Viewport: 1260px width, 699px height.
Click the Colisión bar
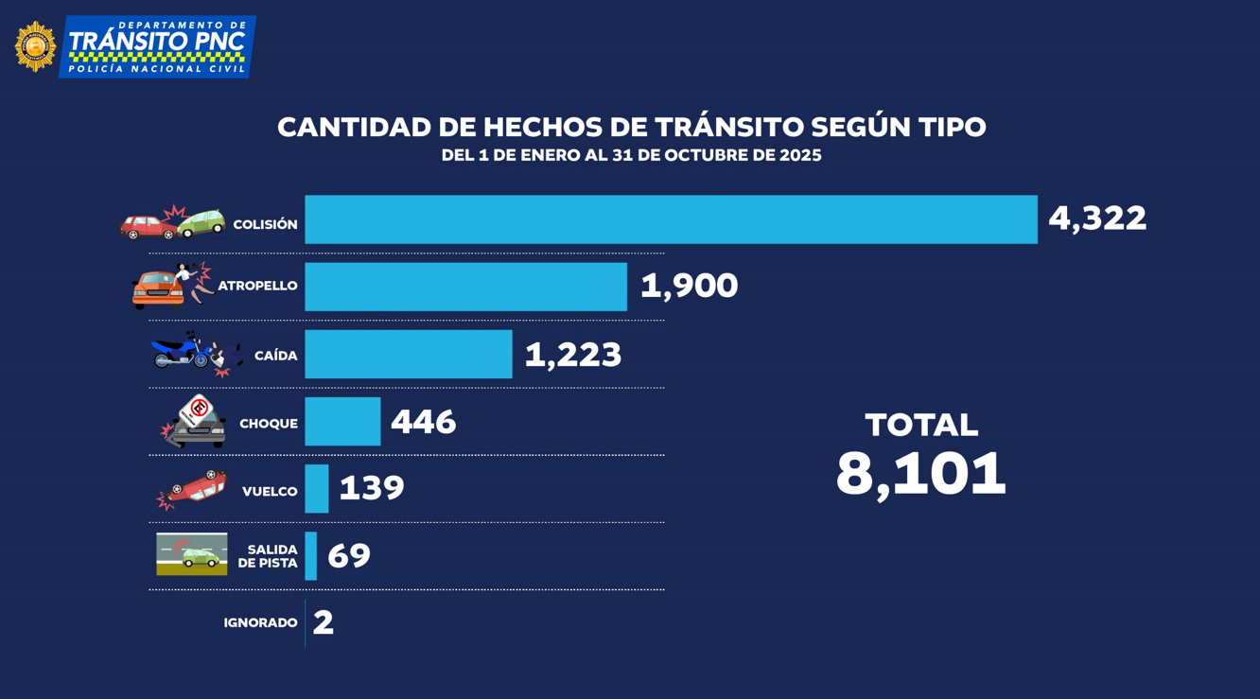[x=671, y=219]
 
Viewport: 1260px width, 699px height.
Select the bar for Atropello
[x=465, y=287]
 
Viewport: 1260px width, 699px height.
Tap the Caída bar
[x=408, y=354]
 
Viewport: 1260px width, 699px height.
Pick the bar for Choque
[x=342, y=421]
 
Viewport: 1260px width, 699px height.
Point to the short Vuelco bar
[x=317, y=488]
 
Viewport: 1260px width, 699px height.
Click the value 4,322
[x=1097, y=218]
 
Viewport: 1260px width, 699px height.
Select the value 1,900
[x=689, y=286]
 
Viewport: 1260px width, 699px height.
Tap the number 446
[x=423, y=422]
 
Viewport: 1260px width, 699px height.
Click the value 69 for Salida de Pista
[x=349, y=556]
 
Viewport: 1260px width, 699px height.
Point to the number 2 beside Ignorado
[x=324, y=623]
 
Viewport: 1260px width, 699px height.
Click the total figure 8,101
[x=920, y=474]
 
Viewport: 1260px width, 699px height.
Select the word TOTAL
[x=920, y=426]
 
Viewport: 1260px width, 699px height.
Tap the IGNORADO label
[x=260, y=623]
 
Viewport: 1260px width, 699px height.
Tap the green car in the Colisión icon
[x=201, y=223]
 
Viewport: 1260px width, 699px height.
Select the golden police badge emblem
[x=36, y=46]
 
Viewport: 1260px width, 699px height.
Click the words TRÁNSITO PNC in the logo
[x=157, y=42]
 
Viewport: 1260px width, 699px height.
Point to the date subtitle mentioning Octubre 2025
[x=631, y=155]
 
